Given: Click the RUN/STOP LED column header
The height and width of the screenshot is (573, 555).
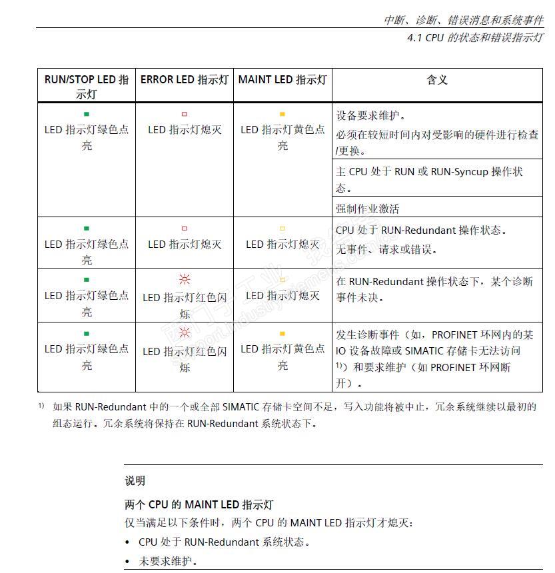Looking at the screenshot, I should pos(87,87).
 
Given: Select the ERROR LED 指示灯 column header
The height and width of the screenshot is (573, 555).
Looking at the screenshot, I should pos(185,80).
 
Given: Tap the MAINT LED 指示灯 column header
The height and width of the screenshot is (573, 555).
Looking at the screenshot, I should pos(282,80).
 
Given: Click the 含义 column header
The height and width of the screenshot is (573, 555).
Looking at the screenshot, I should pos(437,80).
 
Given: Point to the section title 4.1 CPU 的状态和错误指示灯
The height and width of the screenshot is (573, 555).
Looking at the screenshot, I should pos(475,38).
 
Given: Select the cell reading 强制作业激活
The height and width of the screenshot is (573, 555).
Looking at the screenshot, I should pos(368,209).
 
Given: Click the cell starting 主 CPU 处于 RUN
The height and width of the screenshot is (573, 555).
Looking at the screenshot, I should pos(430,179).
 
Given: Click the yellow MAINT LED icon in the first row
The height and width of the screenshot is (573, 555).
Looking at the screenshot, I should pos(282,115).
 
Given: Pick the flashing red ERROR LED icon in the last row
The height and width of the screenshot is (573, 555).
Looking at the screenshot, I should pos(185,332).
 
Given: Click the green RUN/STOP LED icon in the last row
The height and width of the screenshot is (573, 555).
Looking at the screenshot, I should pos(87,333).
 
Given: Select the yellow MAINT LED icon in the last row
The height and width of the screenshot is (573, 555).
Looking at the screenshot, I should pos(282,333).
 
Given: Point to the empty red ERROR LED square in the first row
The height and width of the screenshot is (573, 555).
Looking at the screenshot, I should pos(185,115).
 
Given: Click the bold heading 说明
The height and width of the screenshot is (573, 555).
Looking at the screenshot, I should pos(135,480).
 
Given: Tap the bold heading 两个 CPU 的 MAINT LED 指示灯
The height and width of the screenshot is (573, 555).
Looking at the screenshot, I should pos(199,504).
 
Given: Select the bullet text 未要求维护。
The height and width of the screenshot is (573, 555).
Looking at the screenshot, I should pos(168,561).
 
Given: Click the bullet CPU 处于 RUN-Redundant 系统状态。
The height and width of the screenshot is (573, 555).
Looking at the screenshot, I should pos(225,542).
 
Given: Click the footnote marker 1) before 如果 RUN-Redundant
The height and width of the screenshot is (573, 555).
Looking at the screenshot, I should pos(41,406).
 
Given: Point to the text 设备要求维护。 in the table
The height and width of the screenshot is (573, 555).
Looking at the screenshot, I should pos(371,115).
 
